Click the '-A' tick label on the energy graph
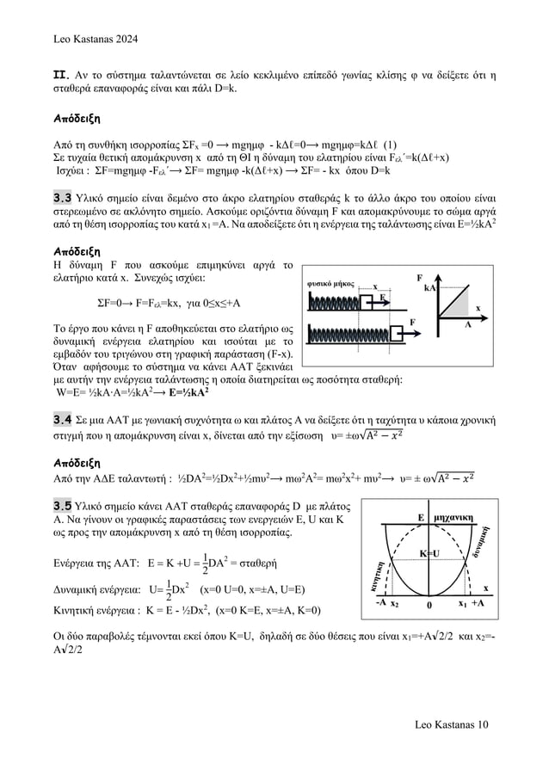[x=379, y=602]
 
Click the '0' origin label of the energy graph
[x=429, y=604]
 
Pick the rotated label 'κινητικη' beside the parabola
[x=377, y=570]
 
